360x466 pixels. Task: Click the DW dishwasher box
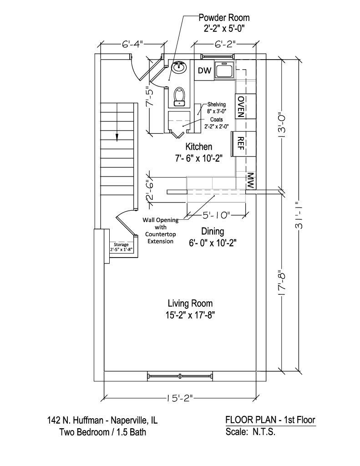pyautogui.click(x=204, y=71)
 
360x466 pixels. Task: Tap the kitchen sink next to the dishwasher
pyautogui.click(x=225, y=71)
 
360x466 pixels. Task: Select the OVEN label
pyautogui.click(x=241, y=106)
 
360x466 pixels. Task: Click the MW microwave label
pyautogui.click(x=250, y=181)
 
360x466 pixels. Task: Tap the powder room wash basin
pyautogui.click(x=179, y=67)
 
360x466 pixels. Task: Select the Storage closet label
pyautogui.click(x=121, y=244)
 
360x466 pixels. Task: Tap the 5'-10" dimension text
pyautogui.click(x=217, y=215)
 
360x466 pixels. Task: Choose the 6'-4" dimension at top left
pyautogui.click(x=132, y=44)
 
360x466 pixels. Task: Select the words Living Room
pyautogui.click(x=190, y=304)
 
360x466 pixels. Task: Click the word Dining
pyautogui.click(x=213, y=231)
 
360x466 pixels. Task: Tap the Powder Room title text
pyautogui.click(x=224, y=18)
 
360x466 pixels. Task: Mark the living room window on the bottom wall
pyautogui.click(x=180, y=375)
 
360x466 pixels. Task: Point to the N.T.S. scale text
pyautogui.click(x=264, y=431)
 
